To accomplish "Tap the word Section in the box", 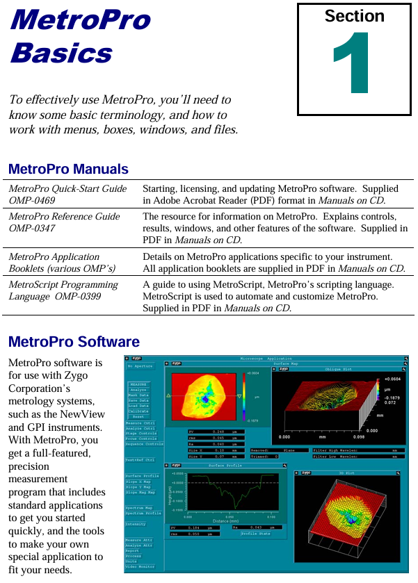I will (x=354, y=16).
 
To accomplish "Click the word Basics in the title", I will (x=61, y=54).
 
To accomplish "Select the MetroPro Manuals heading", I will (x=68, y=169).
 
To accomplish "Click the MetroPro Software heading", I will (x=74, y=342).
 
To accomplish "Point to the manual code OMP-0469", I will (x=33, y=200).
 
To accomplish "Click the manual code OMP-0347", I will (x=33, y=228).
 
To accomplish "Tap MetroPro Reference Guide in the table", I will (x=64, y=216).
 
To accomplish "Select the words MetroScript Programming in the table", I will (x=63, y=285).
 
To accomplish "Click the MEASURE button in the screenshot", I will (x=138, y=384).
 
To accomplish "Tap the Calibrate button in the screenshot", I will (x=138, y=411).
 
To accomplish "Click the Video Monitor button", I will (x=141, y=567).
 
